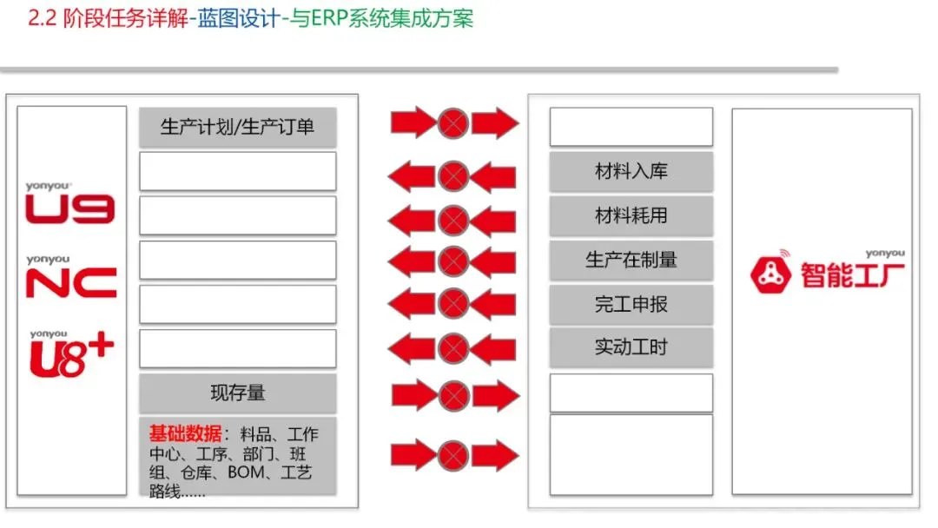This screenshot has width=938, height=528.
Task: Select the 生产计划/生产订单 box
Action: pyautogui.click(x=237, y=127)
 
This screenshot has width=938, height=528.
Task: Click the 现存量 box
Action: pyautogui.click(x=237, y=393)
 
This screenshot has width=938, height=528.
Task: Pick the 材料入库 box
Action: pyautogui.click(x=631, y=171)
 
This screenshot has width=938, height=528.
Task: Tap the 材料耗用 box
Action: pyautogui.click(x=631, y=215)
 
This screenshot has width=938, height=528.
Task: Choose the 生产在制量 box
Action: pyautogui.click(x=631, y=260)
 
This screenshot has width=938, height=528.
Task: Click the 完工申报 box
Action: pyautogui.click(x=631, y=304)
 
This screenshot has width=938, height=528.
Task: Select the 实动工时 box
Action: pyautogui.click(x=631, y=347)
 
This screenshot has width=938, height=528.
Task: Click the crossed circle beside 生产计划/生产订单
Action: pyautogui.click(x=452, y=123)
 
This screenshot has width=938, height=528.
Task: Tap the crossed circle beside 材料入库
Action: pyautogui.click(x=452, y=177)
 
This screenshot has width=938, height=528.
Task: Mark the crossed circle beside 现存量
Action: pyautogui.click(x=452, y=396)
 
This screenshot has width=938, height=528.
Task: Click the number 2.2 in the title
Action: pyautogui.click(x=42, y=19)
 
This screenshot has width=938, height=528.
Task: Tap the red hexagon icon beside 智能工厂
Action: pyautogui.click(x=770, y=276)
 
